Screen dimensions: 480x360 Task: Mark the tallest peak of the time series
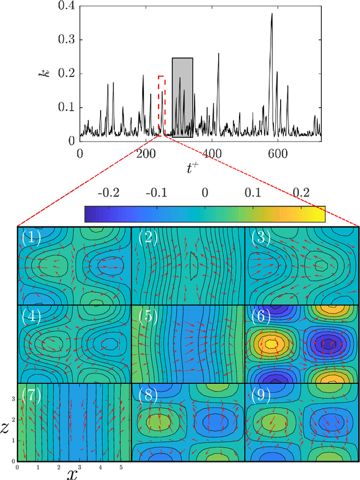pos(271,14)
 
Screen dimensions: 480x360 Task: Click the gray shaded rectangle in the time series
pos(182,97)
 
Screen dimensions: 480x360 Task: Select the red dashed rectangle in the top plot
pos(161,106)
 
